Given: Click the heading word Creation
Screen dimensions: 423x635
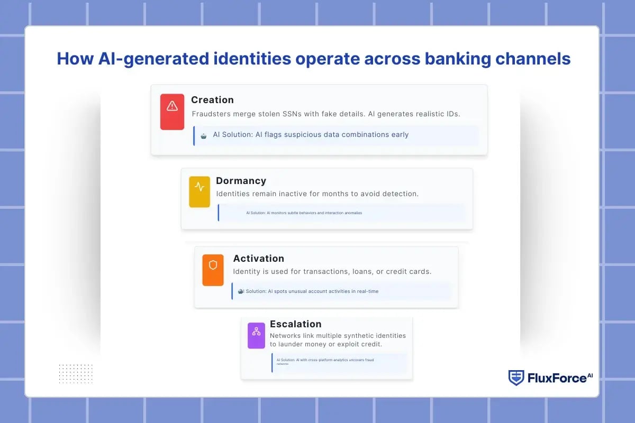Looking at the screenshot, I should click(x=212, y=100).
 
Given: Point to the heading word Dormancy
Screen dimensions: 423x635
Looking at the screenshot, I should click(x=241, y=181).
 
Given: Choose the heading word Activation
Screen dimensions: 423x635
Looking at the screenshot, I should click(x=258, y=259).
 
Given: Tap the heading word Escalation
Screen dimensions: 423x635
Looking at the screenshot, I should click(x=295, y=324).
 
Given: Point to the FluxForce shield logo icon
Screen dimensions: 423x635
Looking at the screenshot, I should click(x=516, y=378).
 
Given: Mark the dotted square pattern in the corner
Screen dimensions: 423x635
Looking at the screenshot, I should click(x=76, y=373).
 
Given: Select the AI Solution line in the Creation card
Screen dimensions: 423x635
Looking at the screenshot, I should click(x=311, y=135).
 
